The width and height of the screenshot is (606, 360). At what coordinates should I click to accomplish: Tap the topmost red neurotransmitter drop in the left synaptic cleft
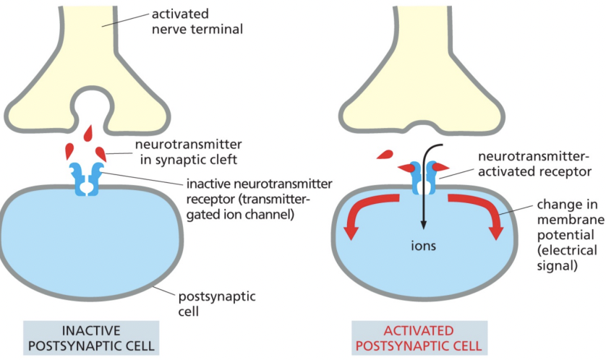88,134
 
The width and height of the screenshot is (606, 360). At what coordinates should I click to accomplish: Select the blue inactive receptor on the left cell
85,179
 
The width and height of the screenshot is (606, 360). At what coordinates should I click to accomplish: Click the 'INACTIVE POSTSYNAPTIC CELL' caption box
90,336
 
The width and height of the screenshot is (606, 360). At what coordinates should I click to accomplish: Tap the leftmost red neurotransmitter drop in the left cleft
71,151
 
